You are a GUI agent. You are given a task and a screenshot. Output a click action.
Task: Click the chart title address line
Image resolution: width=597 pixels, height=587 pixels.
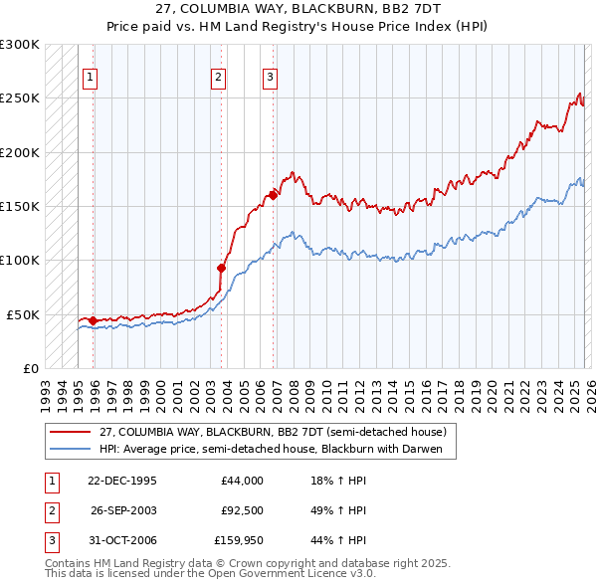tap(298, 8)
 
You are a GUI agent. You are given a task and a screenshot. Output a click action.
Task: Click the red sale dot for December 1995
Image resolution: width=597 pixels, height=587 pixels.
tap(93, 320)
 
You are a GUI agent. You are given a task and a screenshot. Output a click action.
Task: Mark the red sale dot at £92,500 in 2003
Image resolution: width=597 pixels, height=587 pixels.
tap(221, 268)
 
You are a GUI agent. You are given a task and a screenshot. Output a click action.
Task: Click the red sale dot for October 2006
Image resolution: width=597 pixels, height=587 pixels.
tap(273, 195)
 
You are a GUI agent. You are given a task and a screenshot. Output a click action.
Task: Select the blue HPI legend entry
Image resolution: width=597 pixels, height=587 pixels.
tap(277, 449)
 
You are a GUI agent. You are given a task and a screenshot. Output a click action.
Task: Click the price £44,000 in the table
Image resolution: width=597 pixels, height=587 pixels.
tap(242, 481)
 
